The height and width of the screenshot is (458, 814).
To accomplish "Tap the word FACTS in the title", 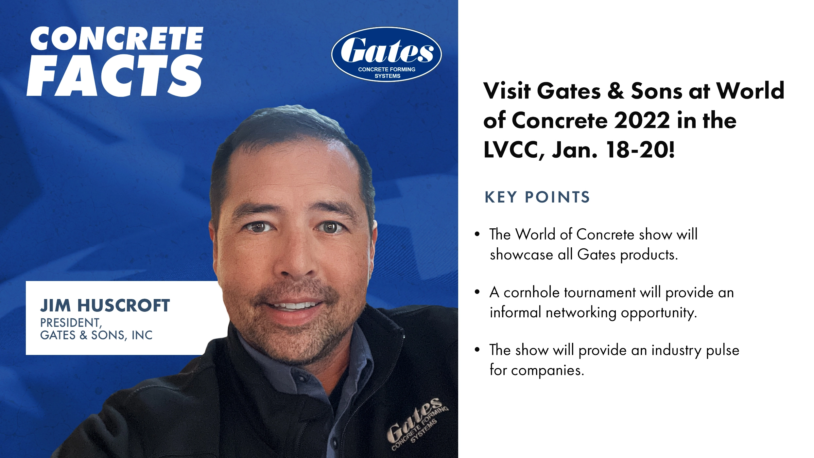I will pyautogui.click(x=114, y=76).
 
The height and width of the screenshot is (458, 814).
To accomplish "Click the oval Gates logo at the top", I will pyautogui.click(x=387, y=54).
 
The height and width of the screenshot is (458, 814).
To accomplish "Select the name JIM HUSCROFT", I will pyautogui.click(x=105, y=306).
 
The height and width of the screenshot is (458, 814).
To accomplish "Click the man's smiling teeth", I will pyautogui.click(x=294, y=306).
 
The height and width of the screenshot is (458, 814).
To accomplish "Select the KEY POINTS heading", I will pyautogui.click(x=537, y=197).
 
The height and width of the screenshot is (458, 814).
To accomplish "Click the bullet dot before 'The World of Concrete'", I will pyautogui.click(x=477, y=234).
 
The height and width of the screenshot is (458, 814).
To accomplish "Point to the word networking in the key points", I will pyautogui.click(x=581, y=312).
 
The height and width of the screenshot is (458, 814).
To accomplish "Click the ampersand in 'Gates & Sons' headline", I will pyautogui.click(x=615, y=91).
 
